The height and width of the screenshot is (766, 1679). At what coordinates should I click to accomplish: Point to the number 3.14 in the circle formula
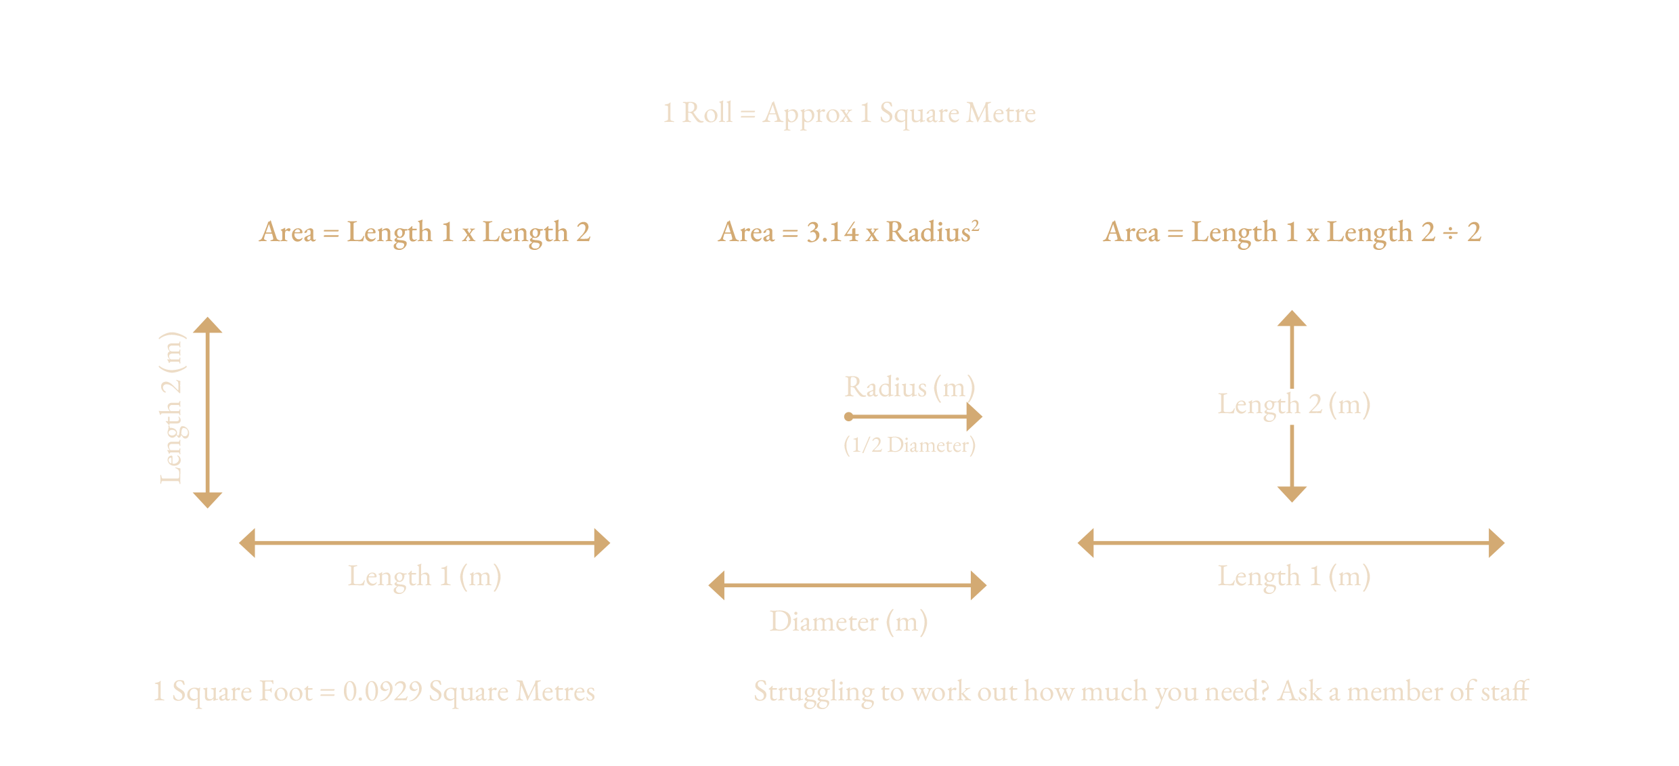click(832, 232)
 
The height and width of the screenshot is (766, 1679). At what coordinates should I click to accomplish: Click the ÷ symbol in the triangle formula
click(1450, 233)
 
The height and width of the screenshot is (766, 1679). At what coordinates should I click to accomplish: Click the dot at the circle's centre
click(848, 417)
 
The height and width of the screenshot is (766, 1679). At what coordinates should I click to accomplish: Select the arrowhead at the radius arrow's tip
click(975, 417)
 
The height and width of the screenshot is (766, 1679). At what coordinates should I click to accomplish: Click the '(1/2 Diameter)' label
click(909, 445)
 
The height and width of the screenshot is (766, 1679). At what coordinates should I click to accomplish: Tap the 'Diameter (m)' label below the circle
click(848, 621)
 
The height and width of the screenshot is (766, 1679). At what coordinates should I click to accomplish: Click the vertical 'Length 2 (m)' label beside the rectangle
click(172, 408)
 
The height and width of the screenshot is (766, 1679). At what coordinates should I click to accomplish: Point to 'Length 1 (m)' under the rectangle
click(424, 576)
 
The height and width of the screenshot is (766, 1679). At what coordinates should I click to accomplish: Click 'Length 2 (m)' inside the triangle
click(1294, 404)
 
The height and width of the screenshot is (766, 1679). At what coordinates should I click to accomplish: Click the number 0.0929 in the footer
click(383, 691)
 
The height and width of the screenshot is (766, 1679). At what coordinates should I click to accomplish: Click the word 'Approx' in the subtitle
click(808, 113)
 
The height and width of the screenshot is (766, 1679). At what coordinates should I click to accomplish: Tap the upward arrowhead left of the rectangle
click(208, 325)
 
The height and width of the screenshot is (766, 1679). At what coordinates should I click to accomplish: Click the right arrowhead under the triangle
click(1496, 543)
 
